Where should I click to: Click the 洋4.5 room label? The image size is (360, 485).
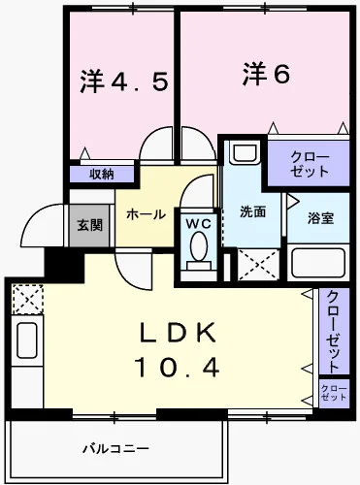click(123, 81)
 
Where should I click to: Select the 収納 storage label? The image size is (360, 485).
click(102, 175)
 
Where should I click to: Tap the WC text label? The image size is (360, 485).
click(198, 223)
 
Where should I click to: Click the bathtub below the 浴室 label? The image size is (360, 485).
click(318, 263)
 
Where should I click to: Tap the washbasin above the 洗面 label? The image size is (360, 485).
click(243, 155)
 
